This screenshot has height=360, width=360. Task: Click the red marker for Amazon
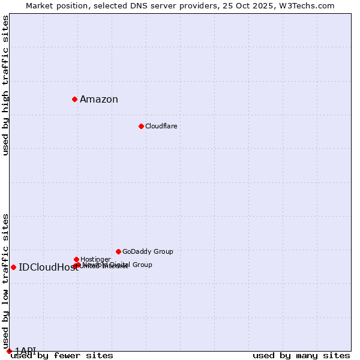tap(74, 99)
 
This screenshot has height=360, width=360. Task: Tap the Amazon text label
tap(99, 100)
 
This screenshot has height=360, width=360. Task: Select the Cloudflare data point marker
tap(141, 126)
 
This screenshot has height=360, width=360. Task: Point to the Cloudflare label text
tap(161, 126)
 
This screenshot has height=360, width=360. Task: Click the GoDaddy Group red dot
tap(118, 251)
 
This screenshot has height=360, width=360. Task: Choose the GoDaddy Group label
tap(148, 251)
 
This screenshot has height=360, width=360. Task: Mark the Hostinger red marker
tap(76, 259)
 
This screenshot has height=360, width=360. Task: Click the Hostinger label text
tap(95, 259)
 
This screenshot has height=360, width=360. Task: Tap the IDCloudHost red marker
tap(13, 267)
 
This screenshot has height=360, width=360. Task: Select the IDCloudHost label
tap(49, 268)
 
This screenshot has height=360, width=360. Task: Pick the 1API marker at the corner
tap(9, 351)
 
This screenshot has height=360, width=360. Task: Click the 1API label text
tap(26, 351)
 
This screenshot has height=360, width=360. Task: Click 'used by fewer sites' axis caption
tap(62, 356)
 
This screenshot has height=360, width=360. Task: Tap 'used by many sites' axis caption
tap(301, 356)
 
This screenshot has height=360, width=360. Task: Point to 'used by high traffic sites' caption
tap(6, 85)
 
